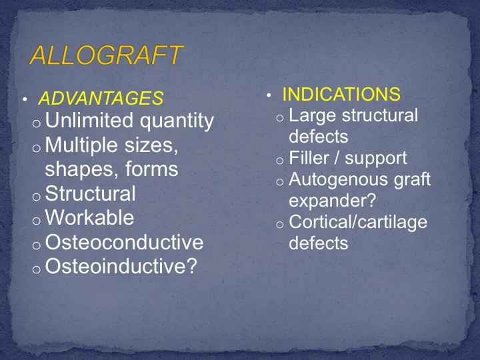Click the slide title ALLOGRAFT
pyautogui.click(x=106, y=55)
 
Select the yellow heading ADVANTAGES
pyautogui.click(x=101, y=98)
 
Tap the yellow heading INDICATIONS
pyautogui.click(x=341, y=94)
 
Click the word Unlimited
pyautogui.click(x=89, y=120)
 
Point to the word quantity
pyautogui.click(x=177, y=121)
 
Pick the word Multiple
pyautogui.click(x=81, y=145)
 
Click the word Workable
pyautogui.click(x=90, y=217)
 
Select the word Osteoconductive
pyautogui.click(x=124, y=242)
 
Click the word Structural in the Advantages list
pyautogui.click(x=90, y=193)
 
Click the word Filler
pyautogui.click(x=308, y=158)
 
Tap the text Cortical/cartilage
pyautogui.click(x=358, y=223)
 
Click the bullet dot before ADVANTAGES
pyautogui.click(x=25, y=99)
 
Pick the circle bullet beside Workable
pyautogui.click(x=37, y=221)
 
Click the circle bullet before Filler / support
pyautogui.click(x=280, y=161)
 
